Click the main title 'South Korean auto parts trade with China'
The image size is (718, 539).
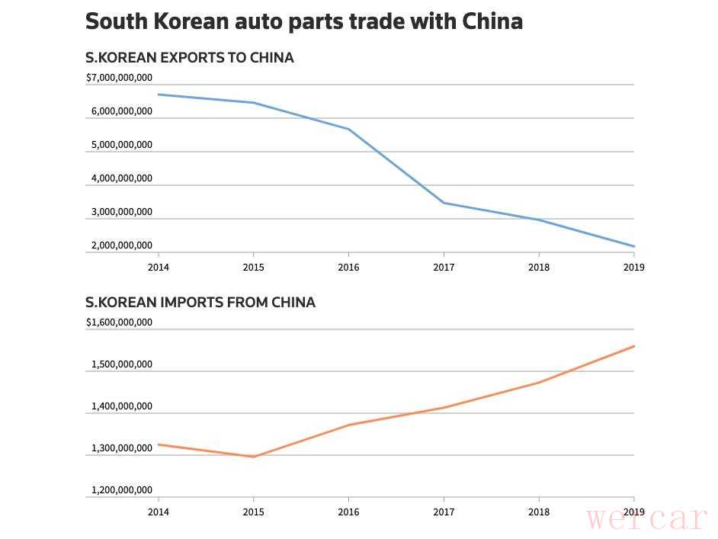point(303,21)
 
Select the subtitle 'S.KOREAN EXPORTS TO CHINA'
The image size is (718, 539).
point(189,58)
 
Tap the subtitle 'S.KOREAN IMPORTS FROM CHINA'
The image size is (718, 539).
point(200,303)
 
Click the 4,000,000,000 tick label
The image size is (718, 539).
point(121,178)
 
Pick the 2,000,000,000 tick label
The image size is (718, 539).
point(121,245)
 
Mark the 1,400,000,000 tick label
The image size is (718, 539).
point(121,406)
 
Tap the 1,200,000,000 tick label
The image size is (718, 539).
point(121,490)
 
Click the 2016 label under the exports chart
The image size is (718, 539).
point(348,268)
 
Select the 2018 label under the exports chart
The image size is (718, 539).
point(539,268)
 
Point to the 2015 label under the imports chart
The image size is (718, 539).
point(253,512)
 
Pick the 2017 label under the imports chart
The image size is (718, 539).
point(444,512)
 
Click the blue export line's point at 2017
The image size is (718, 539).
point(444,203)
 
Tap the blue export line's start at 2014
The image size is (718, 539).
point(159,95)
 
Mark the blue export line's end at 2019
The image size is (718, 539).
point(633,246)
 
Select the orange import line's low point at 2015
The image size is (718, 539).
point(253,457)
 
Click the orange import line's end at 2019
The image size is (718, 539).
point(633,346)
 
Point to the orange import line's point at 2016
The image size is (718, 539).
point(348,425)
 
